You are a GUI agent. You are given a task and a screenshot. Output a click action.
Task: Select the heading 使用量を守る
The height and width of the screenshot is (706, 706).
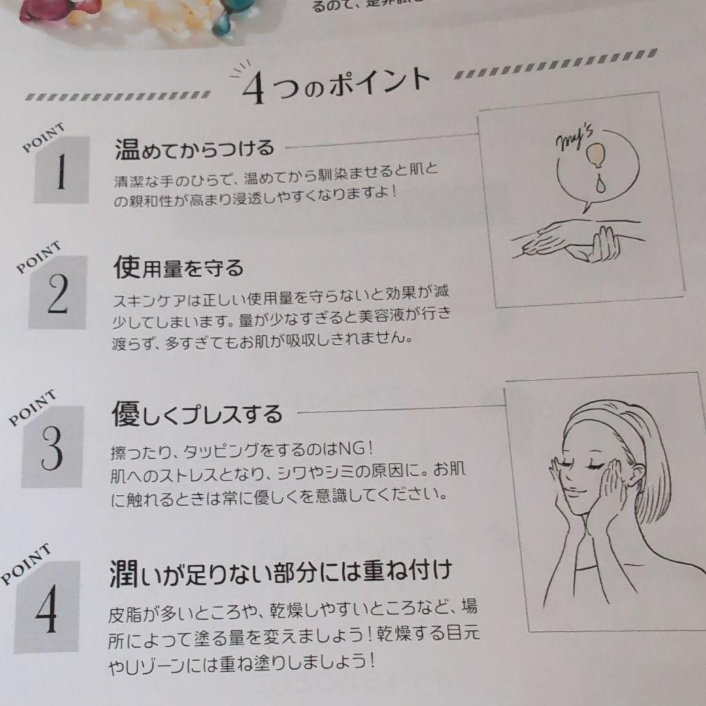178,267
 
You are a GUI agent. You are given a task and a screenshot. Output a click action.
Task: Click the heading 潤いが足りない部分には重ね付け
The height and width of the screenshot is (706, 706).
280,573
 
